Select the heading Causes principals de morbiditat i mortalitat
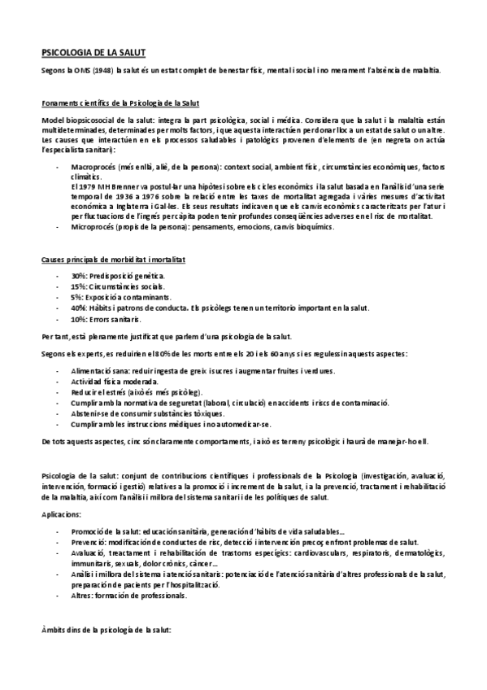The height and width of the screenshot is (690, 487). [114, 259]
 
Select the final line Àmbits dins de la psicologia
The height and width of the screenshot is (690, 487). [107, 631]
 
